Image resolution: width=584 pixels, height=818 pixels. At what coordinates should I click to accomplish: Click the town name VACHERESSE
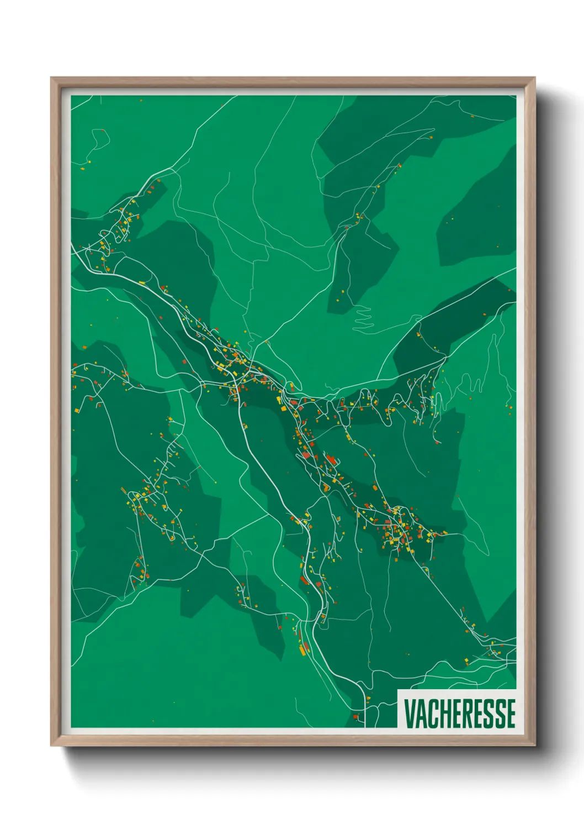[x=459, y=714]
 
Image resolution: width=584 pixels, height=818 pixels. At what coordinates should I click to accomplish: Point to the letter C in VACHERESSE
[x=432, y=714]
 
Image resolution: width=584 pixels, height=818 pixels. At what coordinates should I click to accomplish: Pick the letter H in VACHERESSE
[x=443, y=714]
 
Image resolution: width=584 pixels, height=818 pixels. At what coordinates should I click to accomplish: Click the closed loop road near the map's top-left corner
[x=100, y=138]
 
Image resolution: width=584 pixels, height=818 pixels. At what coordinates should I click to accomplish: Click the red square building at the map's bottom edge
[x=355, y=717]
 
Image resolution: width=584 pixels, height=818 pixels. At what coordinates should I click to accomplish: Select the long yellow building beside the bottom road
[x=303, y=649]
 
